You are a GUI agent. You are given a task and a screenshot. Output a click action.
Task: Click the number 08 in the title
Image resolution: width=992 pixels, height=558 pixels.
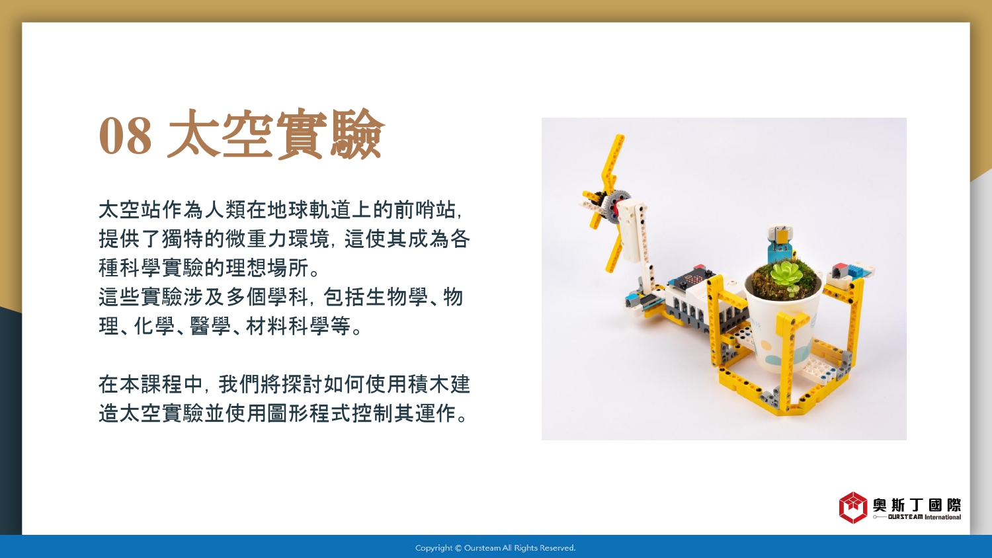[x=126, y=135]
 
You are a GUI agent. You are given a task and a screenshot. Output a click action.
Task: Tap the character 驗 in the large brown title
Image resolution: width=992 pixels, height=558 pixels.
[x=357, y=134]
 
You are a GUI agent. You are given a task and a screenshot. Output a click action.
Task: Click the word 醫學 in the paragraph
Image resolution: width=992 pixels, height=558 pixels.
[x=211, y=326]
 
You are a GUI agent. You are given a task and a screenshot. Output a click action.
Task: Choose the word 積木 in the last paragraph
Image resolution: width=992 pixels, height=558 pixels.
[x=429, y=384]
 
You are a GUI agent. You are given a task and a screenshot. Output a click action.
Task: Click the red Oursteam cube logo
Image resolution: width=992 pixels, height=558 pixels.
[x=853, y=508]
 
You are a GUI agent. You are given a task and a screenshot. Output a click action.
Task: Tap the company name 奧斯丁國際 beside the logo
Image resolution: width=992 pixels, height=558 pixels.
[x=917, y=504]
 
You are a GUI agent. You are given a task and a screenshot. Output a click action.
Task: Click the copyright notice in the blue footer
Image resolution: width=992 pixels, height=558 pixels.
[x=495, y=548]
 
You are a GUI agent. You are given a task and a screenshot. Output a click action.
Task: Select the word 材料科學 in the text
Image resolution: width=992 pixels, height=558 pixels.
[x=288, y=326]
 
